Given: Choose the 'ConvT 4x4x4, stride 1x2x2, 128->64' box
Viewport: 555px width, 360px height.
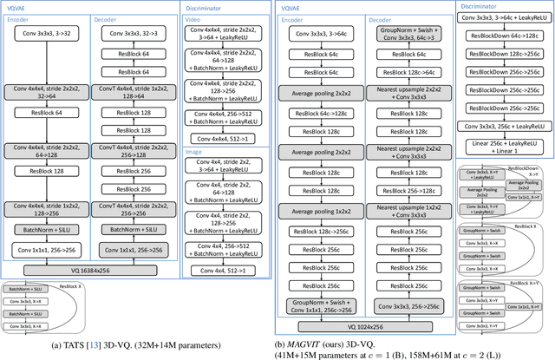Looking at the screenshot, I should [x=134, y=94].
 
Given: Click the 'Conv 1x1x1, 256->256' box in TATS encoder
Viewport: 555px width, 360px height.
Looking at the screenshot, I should [x=47, y=250].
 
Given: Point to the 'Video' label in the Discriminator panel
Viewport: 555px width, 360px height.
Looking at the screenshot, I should [x=196, y=19].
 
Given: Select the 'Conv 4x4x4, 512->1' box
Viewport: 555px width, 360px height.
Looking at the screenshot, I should [x=226, y=137].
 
